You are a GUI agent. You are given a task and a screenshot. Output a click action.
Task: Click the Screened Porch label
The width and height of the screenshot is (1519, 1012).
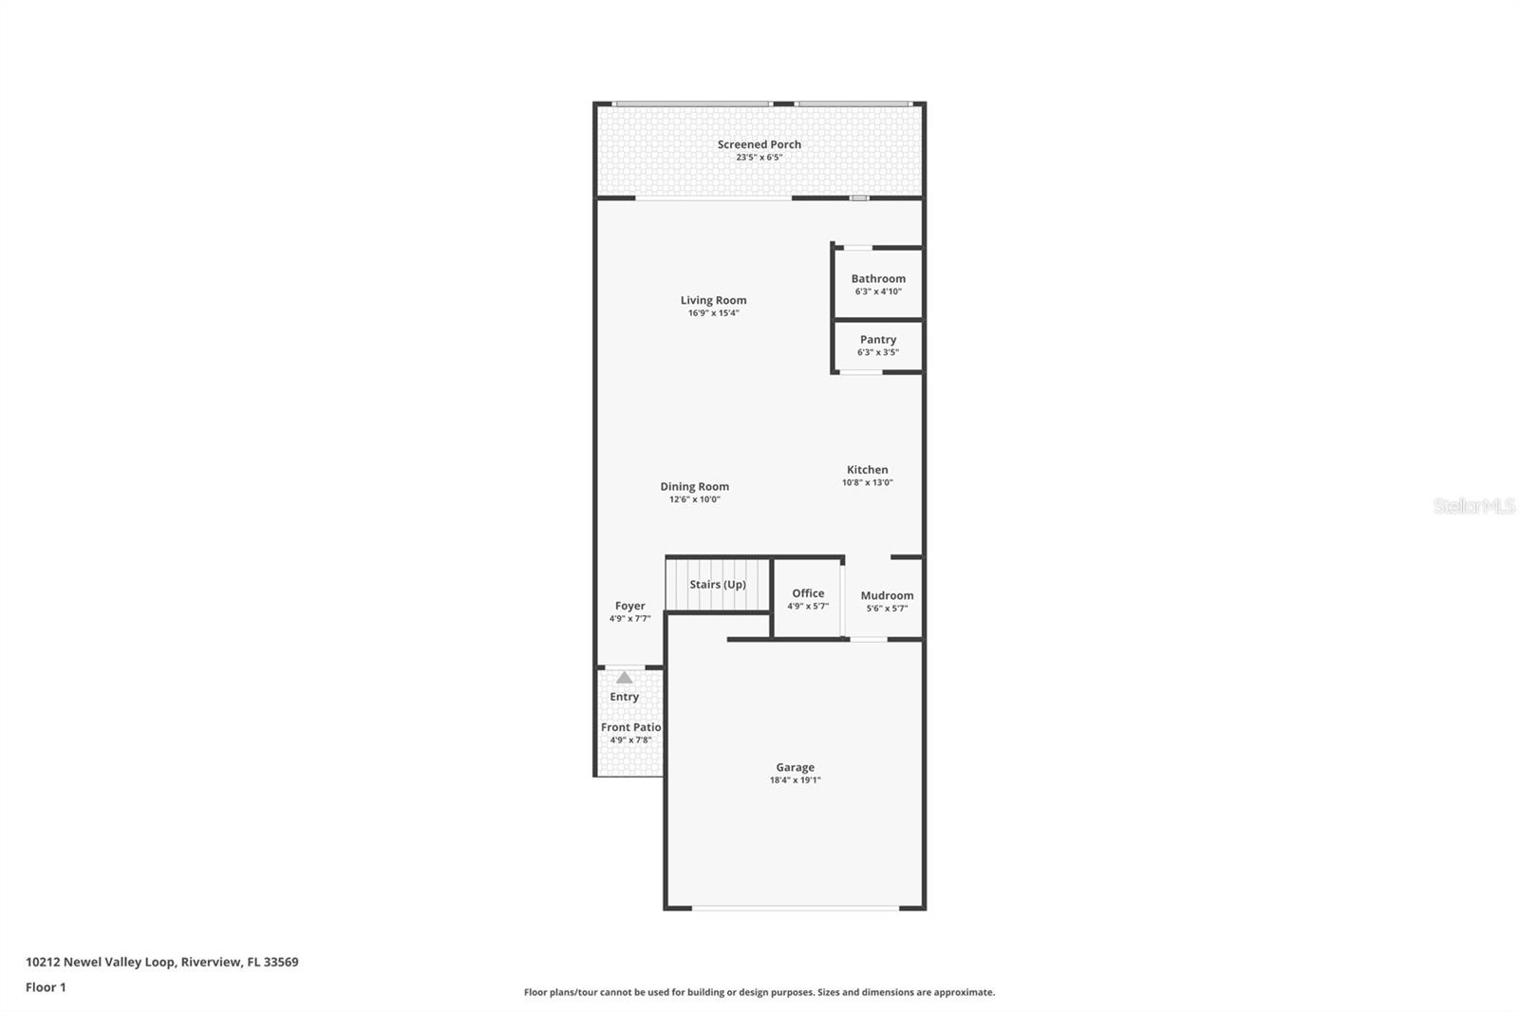[x=759, y=144]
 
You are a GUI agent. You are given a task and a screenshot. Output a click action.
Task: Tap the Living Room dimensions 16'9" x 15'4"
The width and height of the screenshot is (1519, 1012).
[x=713, y=313]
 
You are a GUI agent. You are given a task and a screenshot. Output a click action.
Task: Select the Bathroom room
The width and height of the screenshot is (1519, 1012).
[x=878, y=284]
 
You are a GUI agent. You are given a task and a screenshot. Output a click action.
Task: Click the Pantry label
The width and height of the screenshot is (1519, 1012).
[x=878, y=339]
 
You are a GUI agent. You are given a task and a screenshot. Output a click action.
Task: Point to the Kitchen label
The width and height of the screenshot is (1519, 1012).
[x=867, y=469]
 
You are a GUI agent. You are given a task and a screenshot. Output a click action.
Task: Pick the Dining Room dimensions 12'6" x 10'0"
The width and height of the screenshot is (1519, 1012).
[x=694, y=499]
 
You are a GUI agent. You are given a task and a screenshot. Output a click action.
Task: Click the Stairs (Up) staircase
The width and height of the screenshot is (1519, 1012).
[x=717, y=585]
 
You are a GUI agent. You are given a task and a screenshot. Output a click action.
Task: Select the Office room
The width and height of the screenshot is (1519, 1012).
[x=807, y=599]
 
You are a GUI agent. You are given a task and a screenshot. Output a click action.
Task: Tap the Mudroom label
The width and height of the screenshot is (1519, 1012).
[x=887, y=595]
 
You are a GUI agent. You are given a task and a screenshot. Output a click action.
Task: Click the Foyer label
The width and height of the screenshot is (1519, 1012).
[x=629, y=606]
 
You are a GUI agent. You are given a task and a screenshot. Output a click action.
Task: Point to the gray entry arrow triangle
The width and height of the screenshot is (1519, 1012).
[x=624, y=678]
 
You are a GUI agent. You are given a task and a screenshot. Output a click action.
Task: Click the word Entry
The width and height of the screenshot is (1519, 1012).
[x=624, y=697]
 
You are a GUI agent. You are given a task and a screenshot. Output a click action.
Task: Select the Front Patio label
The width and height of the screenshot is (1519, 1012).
[x=630, y=727]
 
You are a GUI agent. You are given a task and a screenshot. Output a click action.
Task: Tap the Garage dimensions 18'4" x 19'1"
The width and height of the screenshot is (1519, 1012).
[x=795, y=780]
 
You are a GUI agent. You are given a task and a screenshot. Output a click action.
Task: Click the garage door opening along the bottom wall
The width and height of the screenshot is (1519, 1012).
[x=795, y=909]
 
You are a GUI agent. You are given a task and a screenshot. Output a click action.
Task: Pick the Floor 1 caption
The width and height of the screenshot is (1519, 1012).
[x=46, y=987]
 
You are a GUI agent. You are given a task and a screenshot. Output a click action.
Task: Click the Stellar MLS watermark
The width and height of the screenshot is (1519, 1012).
[x=1473, y=506]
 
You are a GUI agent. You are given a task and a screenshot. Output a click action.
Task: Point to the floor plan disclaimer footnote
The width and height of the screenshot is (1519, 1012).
[x=759, y=992]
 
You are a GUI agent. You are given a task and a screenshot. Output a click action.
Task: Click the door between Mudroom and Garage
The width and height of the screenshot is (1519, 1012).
[x=868, y=639]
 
